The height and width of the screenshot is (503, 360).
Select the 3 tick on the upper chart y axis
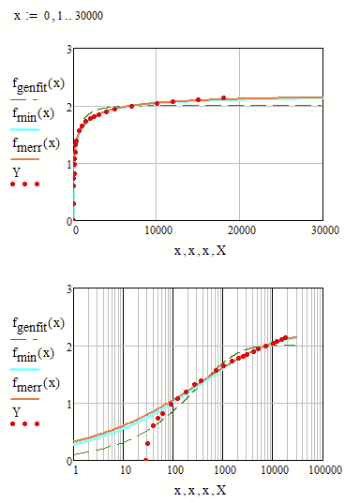pos(67,49)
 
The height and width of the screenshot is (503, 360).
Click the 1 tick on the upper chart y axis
pos(67,164)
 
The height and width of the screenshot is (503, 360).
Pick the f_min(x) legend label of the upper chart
pos(32,113)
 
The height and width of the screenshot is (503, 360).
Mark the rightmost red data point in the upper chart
pos(223,97)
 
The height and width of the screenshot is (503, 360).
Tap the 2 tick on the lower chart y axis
pos(67,346)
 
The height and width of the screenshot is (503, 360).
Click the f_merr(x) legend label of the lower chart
pos(34,382)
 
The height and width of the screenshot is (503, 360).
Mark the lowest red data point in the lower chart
pos(145,460)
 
